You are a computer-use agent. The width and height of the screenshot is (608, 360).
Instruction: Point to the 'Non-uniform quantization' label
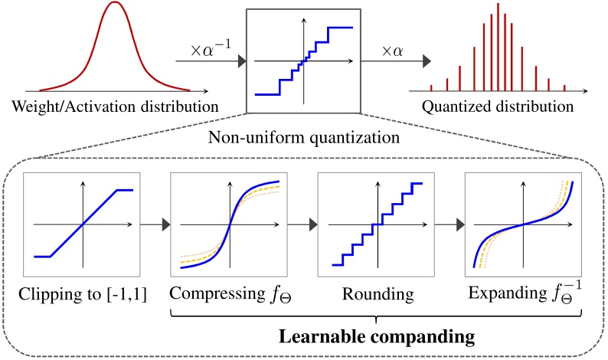[305, 138]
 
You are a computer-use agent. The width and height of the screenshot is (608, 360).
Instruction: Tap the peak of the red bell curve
[114, 4]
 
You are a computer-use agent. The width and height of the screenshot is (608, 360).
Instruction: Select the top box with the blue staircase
[305, 61]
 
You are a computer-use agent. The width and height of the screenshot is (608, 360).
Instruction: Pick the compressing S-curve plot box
[227, 224]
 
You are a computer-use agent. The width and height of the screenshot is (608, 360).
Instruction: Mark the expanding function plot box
[523, 224]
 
